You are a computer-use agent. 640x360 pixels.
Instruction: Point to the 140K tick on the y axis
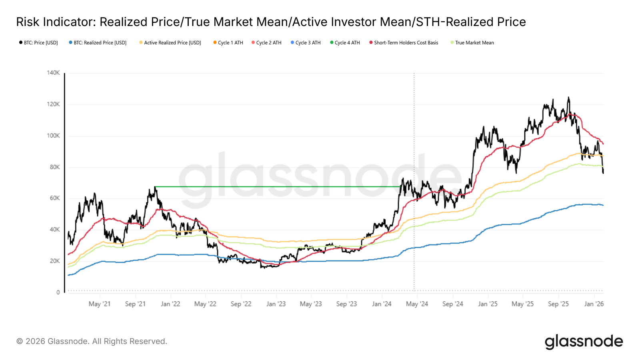[x=53, y=73]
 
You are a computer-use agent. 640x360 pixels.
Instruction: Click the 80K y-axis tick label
[x=55, y=167]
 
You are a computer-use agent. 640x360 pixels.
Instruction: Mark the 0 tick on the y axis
[x=58, y=292]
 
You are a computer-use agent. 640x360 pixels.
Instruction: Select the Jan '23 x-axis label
[x=276, y=304]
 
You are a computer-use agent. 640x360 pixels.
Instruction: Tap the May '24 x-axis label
[x=417, y=304]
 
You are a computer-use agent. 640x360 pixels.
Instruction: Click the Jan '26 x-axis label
[x=594, y=304]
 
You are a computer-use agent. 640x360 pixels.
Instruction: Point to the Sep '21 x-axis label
[x=135, y=304]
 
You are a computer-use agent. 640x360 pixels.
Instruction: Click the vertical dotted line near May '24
[x=414, y=120]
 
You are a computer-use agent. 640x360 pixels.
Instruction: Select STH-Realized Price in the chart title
[x=471, y=22]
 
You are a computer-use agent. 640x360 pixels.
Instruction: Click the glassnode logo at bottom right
[x=584, y=342]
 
